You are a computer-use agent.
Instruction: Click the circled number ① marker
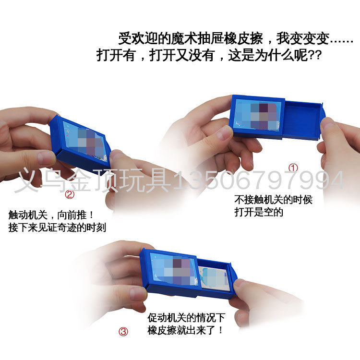pos(293,168)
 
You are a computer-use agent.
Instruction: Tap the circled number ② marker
pos(70,195)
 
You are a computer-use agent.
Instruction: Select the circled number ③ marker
pos(123,332)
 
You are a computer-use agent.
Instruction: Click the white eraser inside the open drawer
pos(214,278)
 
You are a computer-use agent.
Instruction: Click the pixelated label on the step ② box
pos(85,142)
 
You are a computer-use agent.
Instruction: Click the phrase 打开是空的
pos(259,212)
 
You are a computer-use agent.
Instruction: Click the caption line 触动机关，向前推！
pos(51,215)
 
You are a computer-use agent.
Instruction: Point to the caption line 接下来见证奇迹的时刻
pos(57,228)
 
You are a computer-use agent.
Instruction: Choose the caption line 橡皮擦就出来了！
pos(185,330)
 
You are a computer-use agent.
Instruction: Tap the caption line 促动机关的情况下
pos(186,318)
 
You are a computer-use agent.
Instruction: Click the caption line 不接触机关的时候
pos(273,200)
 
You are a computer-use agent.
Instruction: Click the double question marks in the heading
pos(314,55)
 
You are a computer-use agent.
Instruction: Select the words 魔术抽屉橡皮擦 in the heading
pos(217,38)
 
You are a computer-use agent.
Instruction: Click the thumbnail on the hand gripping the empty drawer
pos(328,126)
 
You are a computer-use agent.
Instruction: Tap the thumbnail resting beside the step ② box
pos(117,156)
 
